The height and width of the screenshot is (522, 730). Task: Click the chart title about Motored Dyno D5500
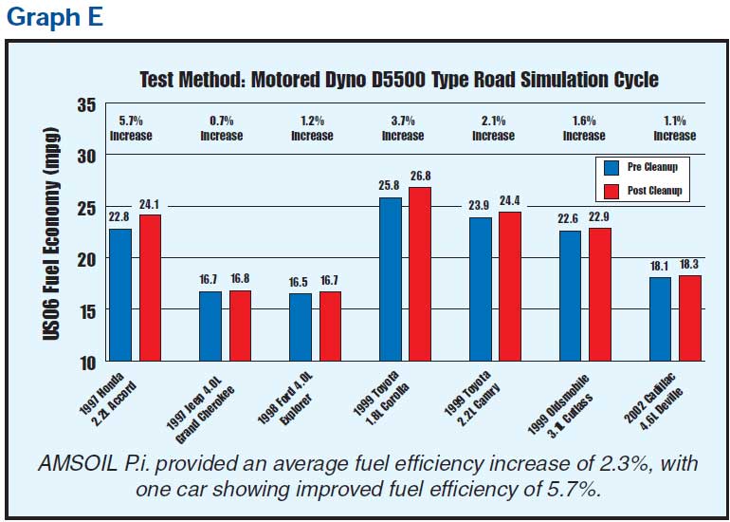click(x=398, y=78)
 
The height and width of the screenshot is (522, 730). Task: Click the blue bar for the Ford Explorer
click(x=301, y=327)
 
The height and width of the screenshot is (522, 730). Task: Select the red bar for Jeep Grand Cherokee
click(x=241, y=326)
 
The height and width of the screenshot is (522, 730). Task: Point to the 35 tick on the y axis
click(x=86, y=104)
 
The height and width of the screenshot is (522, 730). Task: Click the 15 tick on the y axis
click(x=86, y=310)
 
